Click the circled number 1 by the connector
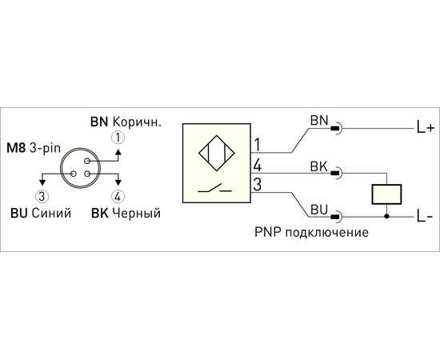pyautogui.click(x=118, y=138)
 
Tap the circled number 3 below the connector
pyautogui.click(x=42, y=197)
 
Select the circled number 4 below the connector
pyautogui.click(x=118, y=197)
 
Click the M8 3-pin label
pyautogui.click(x=34, y=148)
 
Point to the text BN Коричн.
pyautogui.click(x=126, y=122)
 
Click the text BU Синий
pyautogui.click(x=41, y=214)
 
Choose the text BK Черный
pyautogui.click(x=126, y=214)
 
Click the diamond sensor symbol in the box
pyautogui.click(x=217, y=153)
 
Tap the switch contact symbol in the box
pyautogui.click(x=215, y=189)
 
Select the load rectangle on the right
pyautogui.click(x=386, y=194)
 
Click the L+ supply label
pyautogui.click(x=426, y=128)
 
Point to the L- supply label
pyautogui.click(x=425, y=216)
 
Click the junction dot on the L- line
pyautogui.click(x=386, y=217)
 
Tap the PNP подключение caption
pyautogui.click(x=311, y=233)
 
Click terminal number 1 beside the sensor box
pyautogui.click(x=257, y=145)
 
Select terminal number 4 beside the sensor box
pyautogui.click(x=258, y=165)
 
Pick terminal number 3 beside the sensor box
pyautogui.click(x=258, y=185)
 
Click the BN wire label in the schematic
pyautogui.click(x=319, y=121)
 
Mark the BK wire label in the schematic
pyautogui.click(x=319, y=166)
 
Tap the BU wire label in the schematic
pyautogui.click(x=319, y=210)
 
